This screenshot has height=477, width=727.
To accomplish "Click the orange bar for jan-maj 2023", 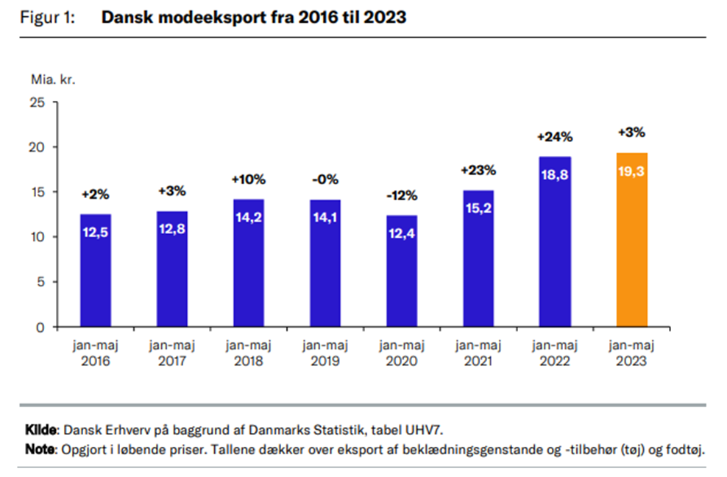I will (x=631, y=240).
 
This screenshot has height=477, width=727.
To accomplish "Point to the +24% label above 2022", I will (x=554, y=138).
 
